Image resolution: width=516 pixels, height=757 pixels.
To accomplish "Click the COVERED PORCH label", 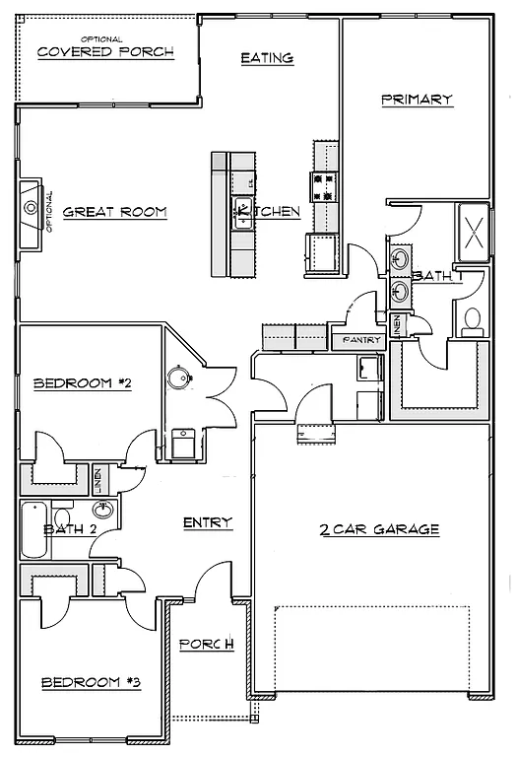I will click(105, 51).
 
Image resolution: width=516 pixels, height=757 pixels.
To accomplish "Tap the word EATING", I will click(267, 58).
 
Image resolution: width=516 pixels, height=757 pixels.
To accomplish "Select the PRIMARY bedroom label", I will click(416, 99).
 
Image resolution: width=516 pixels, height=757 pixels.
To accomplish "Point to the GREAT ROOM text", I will click(114, 212).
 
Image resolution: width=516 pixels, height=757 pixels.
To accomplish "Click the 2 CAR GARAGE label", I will click(378, 529).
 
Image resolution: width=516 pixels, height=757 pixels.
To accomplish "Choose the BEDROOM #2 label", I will click(83, 383).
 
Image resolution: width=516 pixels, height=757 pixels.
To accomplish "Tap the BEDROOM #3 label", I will click(91, 682).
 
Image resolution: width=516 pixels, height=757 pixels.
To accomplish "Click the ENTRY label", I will click(207, 522).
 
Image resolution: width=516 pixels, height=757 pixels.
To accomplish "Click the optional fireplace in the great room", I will click(32, 208).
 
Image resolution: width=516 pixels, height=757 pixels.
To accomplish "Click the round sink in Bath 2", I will click(103, 510).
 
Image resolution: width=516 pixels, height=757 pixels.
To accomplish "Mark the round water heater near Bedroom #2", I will click(179, 378).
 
